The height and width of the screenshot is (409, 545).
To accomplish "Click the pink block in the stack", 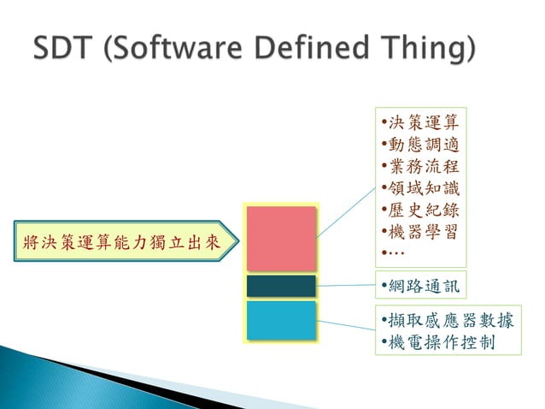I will (x=280, y=239).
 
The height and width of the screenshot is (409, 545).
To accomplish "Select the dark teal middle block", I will (x=281, y=286).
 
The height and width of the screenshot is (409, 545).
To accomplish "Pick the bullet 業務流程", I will (x=420, y=165).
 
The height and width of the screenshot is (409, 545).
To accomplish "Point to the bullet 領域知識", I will (x=420, y=187).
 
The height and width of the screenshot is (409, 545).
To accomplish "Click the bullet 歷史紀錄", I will (x=420, y=210).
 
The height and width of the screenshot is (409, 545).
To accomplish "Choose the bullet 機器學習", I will (x=420, y=232).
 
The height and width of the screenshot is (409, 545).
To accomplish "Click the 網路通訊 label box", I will (x=420, y=284).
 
